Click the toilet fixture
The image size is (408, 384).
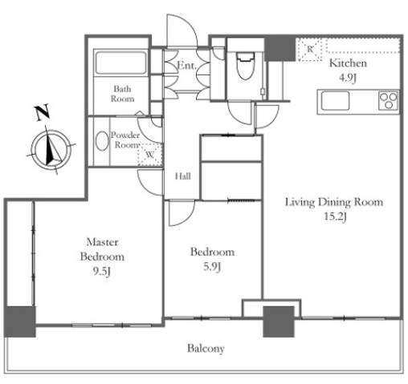click(245, 66)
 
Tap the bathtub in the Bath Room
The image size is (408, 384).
click(120, 63)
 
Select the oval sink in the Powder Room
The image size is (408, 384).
click(102, 140)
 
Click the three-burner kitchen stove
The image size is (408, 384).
click(389, 100)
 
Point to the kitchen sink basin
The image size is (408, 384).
click(335, 101)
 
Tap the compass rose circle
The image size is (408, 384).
click(51, 150)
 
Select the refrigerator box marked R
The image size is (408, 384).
click(310, 50)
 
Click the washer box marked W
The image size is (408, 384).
click(150, 155)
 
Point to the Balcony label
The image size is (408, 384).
click(206, 349)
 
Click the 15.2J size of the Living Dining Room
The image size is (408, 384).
click(335, 216)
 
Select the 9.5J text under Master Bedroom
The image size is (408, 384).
click(102, 272)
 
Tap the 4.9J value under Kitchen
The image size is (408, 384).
click(348, 78)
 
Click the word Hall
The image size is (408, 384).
click(183, 176)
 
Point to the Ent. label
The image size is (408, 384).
click(186, 65)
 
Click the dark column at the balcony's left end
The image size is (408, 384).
click(20, 321)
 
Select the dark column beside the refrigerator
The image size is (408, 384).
click(280, 49)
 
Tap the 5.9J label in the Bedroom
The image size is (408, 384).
click(212, 267)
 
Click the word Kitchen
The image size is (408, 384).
click(348, 63)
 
